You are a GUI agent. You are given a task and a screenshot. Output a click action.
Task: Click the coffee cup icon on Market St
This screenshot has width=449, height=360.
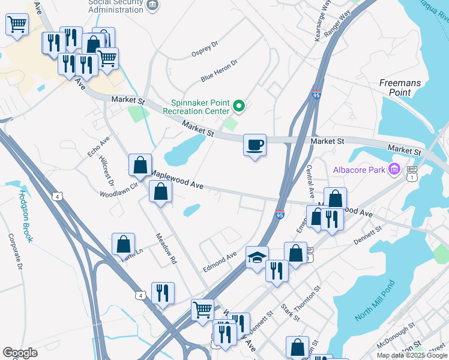pos(255,145)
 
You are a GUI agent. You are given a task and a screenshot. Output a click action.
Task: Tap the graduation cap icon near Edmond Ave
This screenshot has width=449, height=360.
pos(257,257)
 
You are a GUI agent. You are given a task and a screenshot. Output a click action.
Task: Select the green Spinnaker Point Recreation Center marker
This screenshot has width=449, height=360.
pos(239,107)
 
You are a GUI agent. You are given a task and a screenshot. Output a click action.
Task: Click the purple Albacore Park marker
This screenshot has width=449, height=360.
pos(394,170)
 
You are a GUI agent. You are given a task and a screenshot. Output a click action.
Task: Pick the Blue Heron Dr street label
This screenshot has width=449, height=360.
pos(219,70)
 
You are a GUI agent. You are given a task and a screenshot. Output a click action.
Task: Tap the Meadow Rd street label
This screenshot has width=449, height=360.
pos(167,248)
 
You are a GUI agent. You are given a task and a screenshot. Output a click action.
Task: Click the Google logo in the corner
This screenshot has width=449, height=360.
pos(20,353)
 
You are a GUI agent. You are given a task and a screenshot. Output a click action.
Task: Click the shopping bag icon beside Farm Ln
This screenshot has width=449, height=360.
pos(123,244)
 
